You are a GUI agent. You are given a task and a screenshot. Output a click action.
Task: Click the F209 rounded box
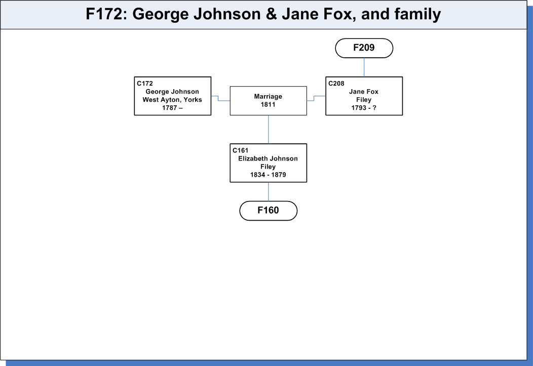[x=364, y=48]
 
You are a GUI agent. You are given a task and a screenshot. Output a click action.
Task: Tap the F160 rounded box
[x=268, y=211]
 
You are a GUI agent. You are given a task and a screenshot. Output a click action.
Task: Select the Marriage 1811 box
[x=268, y=101]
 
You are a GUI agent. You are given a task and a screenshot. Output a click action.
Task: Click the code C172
[x=145, y=84]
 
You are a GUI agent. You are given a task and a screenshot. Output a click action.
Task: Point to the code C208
[x=336, y=84]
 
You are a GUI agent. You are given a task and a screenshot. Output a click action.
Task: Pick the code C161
[x=240, y=150]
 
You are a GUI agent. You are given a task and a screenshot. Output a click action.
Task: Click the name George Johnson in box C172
[x=172, y=92]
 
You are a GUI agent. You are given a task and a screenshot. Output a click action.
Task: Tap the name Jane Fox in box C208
[x=364, y=92]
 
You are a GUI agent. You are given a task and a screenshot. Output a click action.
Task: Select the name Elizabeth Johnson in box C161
[x=268, y=158]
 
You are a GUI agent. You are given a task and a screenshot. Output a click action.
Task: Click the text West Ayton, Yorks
[x=172, y=100]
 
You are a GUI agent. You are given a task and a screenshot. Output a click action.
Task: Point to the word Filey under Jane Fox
[x=364, y=100]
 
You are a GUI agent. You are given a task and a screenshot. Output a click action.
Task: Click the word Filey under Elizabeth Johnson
[x=268, y=167]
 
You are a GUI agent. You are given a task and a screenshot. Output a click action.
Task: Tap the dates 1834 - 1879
[x=268, y=175]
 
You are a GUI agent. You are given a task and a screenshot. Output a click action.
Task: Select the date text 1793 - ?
[x=364, y=108]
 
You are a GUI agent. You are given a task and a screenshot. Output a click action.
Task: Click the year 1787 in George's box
[x=170, y=108]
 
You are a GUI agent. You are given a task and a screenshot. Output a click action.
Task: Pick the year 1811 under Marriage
[x=268, y=105]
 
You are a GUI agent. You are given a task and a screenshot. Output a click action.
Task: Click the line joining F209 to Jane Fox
[x=364, y=67]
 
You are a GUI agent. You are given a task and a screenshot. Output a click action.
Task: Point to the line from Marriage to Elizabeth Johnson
[x=268, y=130]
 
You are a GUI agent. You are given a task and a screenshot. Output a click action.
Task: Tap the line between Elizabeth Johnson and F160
[x=268, y=191]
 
